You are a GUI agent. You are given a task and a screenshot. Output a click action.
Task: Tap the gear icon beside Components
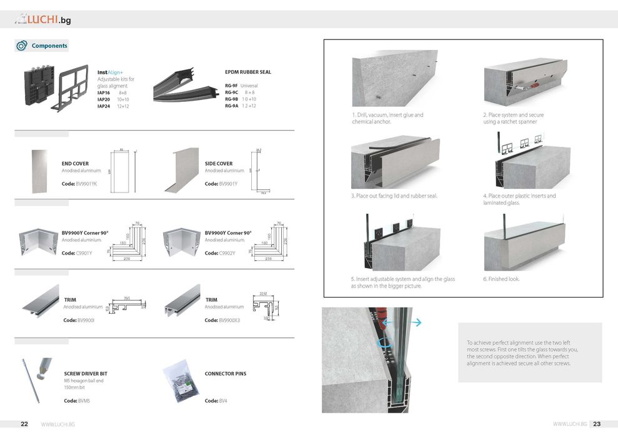22,46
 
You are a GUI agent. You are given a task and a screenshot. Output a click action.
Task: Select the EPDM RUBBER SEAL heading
247,73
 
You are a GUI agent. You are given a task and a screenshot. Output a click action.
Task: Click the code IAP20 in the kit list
104,99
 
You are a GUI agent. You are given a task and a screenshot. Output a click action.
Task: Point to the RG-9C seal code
231,93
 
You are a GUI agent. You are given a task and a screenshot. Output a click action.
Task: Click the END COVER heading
75,164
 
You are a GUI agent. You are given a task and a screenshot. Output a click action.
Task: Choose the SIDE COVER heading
219,164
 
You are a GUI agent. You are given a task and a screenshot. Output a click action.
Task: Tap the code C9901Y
84,253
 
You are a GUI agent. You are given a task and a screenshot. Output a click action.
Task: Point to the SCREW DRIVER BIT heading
86,374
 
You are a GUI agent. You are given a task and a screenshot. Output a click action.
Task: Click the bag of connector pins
181,380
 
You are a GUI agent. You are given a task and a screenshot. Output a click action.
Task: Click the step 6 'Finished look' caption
501,279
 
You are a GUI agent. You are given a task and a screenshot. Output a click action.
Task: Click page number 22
24,424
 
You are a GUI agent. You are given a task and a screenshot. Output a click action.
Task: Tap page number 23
597,424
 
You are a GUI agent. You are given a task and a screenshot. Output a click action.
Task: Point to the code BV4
222,400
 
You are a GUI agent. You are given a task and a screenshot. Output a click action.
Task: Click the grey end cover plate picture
39,171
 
